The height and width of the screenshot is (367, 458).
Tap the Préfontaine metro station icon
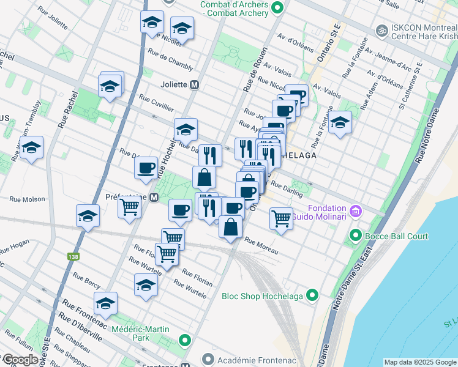pyautogui.click(x=155, y=198)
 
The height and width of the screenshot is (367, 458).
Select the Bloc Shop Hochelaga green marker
pyautogui.click(x=313, y=295)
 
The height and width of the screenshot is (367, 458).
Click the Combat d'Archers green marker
pyautogui.click(x=277, y=9)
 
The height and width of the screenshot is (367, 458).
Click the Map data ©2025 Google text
pyautogui.click(x=420, y=362)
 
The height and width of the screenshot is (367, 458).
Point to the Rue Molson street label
pyautogui.click(x=28, y=199)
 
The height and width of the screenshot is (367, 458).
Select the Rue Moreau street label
pyautogui.click(x=261, y=246)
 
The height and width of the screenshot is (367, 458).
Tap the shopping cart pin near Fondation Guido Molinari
pyautogui.click(x=281, y=217)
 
